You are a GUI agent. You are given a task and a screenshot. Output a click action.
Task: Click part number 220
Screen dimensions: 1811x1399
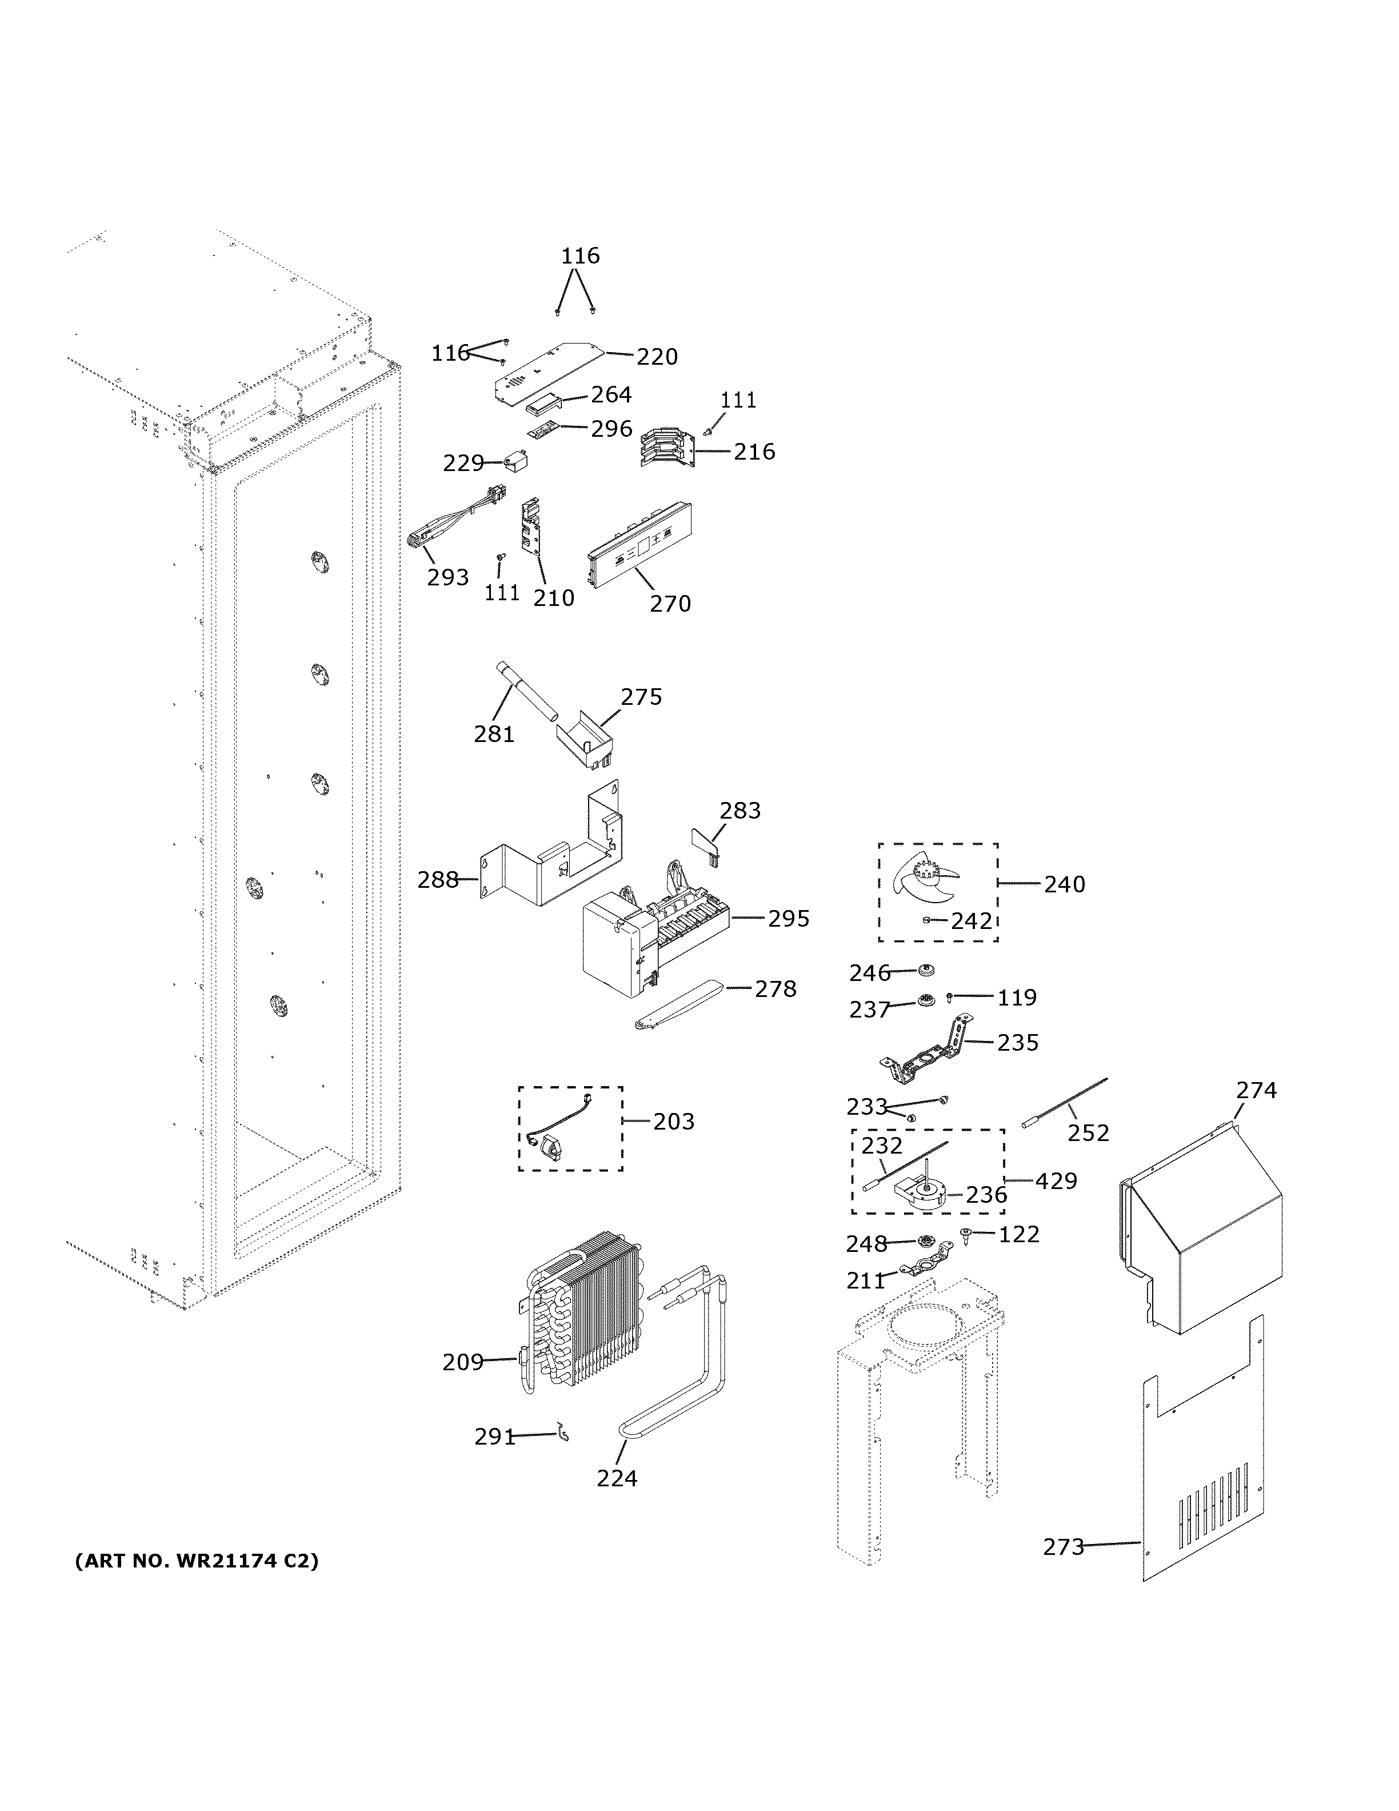[x=657, y=357]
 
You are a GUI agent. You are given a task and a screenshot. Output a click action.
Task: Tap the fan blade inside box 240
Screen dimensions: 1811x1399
[x=922, y=880]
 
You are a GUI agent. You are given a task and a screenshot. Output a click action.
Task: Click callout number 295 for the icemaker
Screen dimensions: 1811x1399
[x=788, y=919]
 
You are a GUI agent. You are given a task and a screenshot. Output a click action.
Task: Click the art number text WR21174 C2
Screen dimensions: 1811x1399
[x=197, y=1561]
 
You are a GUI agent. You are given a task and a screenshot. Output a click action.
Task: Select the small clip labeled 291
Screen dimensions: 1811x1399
[x=563, y=1431]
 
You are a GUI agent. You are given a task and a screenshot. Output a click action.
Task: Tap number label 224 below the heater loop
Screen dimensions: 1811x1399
[x=617, y=1478]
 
